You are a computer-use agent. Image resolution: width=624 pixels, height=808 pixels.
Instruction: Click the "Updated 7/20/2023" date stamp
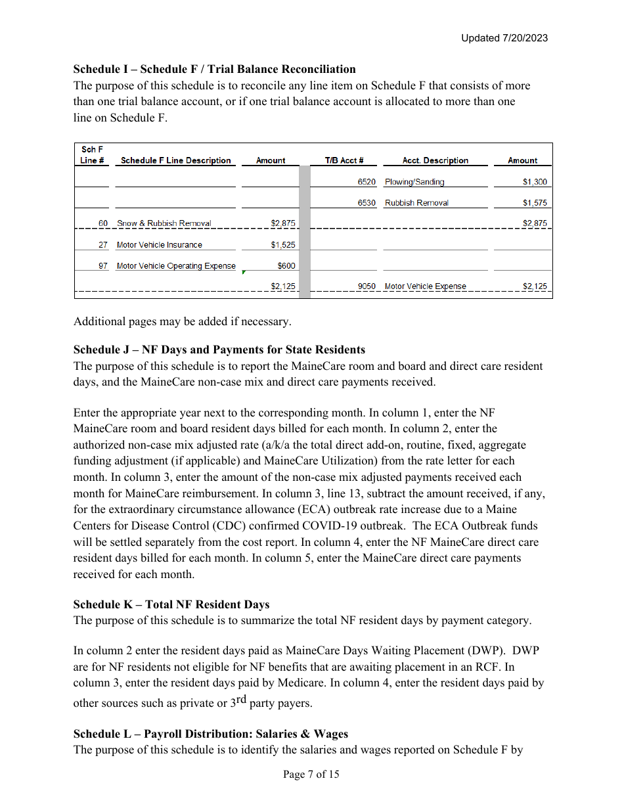(504, 38)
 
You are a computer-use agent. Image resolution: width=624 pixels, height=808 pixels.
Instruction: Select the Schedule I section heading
(214, 69)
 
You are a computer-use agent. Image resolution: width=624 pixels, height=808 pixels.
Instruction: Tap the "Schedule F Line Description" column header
(175, 160)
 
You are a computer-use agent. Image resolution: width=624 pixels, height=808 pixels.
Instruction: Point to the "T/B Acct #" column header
(344, 160)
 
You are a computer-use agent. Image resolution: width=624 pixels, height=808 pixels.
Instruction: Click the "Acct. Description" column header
(435, 160)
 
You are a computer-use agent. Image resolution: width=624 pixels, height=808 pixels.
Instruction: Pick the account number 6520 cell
(367, 182)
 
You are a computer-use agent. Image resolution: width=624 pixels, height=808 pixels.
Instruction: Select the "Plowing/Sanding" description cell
(414, 182)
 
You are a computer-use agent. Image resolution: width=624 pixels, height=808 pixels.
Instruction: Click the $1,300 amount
(535, 182)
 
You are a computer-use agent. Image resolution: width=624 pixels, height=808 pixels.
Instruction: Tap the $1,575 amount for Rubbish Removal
(535, 203)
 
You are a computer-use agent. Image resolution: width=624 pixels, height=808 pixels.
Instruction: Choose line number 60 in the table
(103, 223)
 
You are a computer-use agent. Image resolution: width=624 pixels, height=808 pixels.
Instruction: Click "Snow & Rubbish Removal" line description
(164, 223)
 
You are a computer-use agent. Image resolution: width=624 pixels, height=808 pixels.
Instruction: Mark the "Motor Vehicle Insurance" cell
(160, 245)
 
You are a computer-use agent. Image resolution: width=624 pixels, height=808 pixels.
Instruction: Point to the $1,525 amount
(283, 245)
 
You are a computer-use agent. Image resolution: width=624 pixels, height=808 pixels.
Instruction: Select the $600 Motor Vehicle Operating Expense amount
(286, 266)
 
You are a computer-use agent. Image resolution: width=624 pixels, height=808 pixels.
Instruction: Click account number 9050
(367, 286)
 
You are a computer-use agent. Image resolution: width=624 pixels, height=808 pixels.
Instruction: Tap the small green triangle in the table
(244, 272)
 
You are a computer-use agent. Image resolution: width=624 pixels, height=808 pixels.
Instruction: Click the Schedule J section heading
(219, 349)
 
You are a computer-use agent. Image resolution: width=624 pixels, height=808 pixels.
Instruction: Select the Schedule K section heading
(171, 604)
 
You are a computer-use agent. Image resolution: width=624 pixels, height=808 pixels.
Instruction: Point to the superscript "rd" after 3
(241, 699)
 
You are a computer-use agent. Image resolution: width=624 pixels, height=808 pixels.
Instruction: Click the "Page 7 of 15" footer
(311, 774)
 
